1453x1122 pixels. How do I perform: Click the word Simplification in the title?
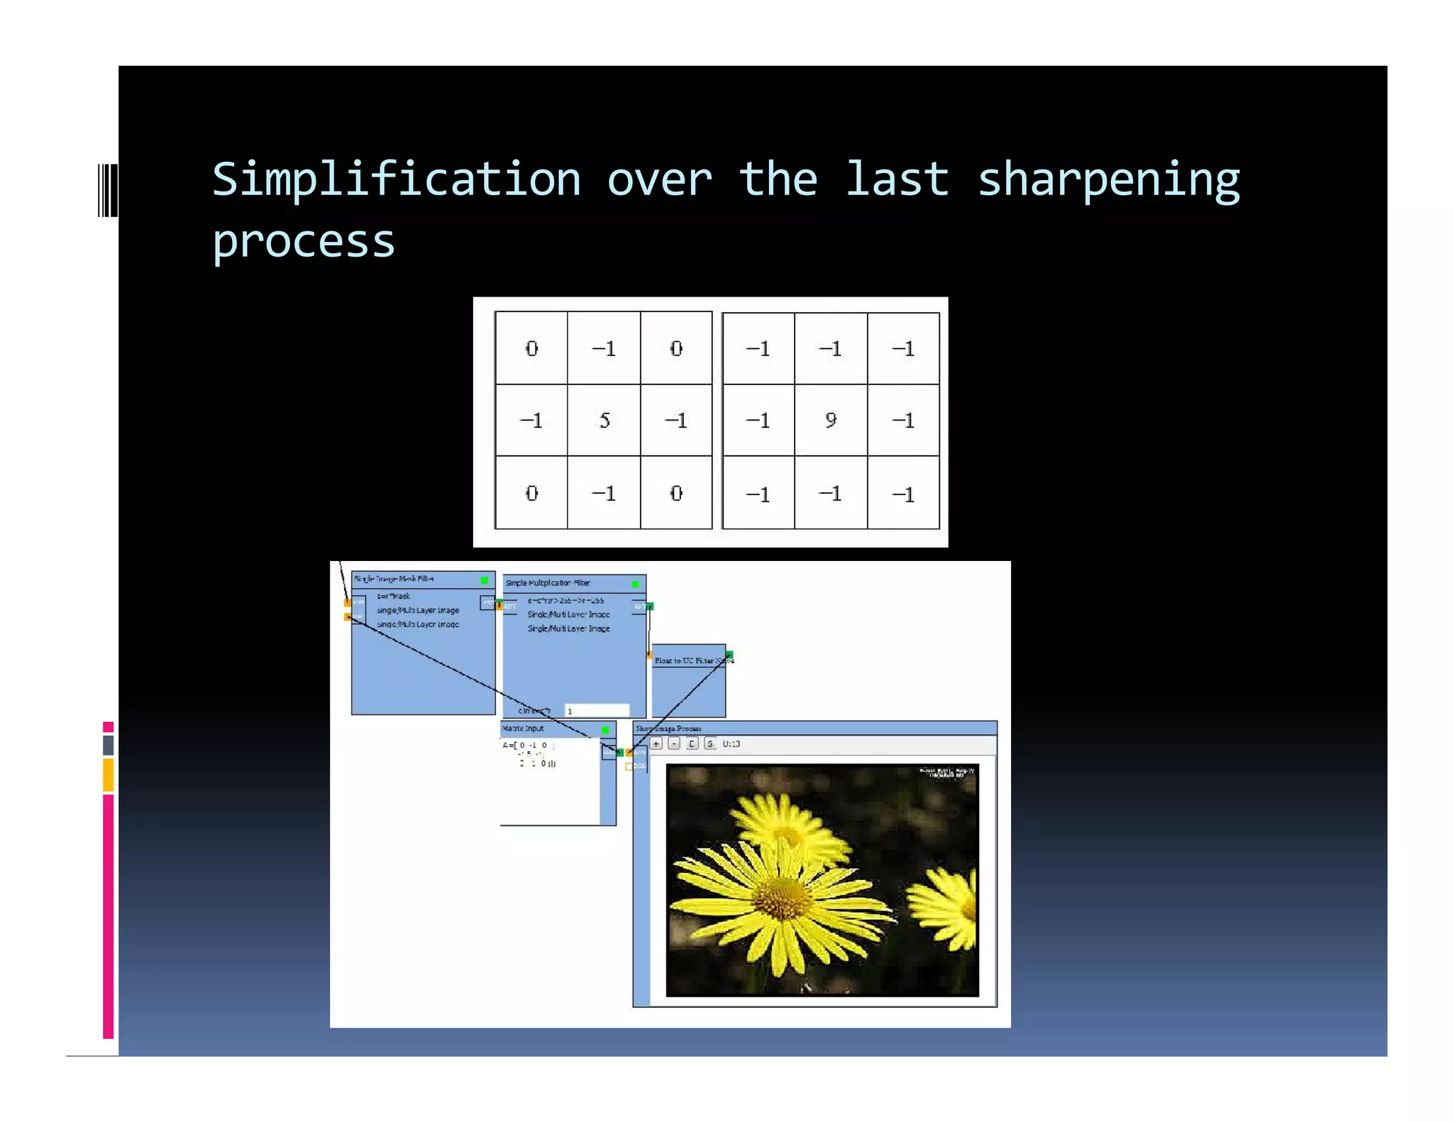[396, 180]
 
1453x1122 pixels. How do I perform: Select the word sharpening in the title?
[1108, 180]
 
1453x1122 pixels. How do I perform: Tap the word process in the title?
[304, 243]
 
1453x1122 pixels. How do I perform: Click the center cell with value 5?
[604, 421]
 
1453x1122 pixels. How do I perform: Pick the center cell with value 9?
[831, 421]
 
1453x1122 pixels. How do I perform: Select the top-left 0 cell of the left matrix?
[531, 348]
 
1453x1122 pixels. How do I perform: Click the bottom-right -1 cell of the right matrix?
[903, 494]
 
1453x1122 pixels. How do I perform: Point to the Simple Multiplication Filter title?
[548, 583]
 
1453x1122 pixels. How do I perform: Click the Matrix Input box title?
[523, 728]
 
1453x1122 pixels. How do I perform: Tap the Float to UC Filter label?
[684, 660]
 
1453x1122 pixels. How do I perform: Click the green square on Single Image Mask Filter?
[485, 580]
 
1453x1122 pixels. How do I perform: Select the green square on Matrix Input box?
[605, 730]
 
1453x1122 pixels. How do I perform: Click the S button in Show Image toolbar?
[709, 744]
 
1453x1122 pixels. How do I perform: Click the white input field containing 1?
[597, 711]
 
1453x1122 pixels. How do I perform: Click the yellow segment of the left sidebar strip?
[108, 774]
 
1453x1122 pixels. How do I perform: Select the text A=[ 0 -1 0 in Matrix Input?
[526, 745]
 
